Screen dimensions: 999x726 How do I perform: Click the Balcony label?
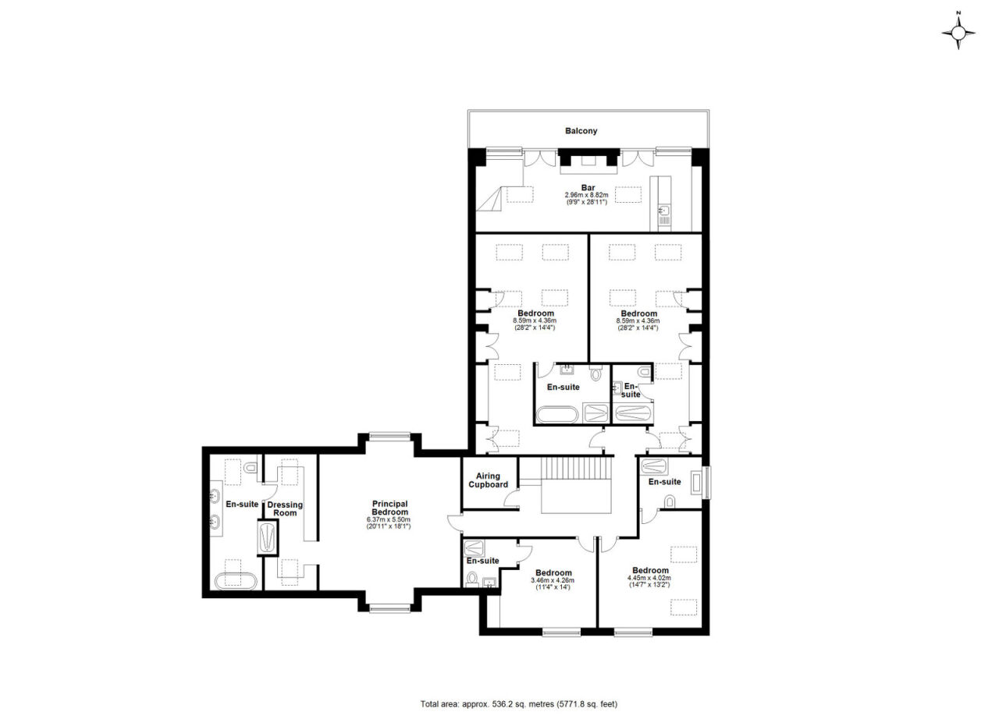click(x=581, y=131)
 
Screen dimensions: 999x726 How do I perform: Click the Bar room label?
click(x=588, y=188)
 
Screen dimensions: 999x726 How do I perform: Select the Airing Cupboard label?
click(x=488, y=480)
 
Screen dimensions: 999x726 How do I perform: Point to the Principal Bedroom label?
click(x=389, y=508)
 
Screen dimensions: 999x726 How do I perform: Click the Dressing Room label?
click(x=285, y=508)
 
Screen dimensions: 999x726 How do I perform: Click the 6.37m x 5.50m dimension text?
click(x=389, y=519)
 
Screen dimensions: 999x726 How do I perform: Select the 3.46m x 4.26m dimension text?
click(x=553, y=580)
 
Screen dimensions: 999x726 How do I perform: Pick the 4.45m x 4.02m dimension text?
click(x=649, y=578)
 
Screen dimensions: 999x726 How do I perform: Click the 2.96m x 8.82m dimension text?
click(x=586, y=195)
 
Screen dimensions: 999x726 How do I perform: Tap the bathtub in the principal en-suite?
click(x=236, y=582)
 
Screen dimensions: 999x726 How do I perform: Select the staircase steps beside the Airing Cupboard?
click(x=575, y=468)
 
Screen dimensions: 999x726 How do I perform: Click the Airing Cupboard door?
click(x=512, y=498)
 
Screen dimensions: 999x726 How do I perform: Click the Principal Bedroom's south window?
click(x=389, y=608)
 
